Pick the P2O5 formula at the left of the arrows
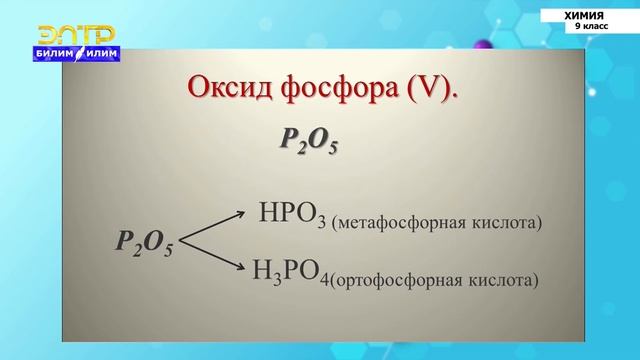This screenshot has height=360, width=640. coord(144,243)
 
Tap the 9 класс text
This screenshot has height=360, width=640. coord(590,27)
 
